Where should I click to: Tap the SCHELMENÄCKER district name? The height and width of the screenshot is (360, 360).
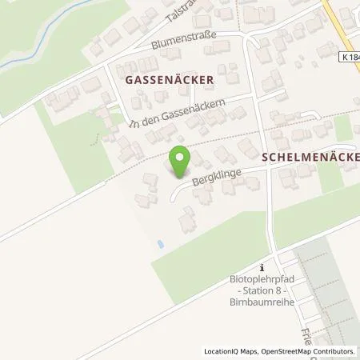tap(310, 157)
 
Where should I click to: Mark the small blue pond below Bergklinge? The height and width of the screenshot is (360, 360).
tap(161, 243)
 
